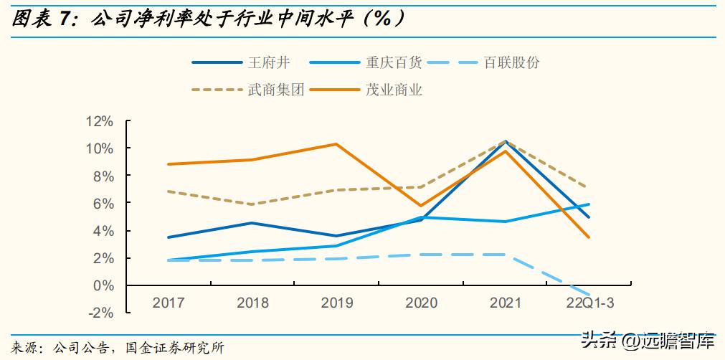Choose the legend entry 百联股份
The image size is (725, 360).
(x=511, y=62)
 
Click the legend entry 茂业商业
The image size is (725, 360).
(x=394, y=90)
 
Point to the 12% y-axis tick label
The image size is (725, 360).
(x=100, y=121)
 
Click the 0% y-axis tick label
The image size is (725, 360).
(x=104, y=285)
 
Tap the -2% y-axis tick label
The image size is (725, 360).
(x=102, y=313)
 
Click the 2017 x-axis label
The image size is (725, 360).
(x=168, y=303)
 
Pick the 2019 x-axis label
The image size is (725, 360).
(x=337, y=303)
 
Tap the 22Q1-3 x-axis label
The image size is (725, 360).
(x=589, y=303)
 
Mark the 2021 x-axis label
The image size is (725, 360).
(x=505, y=303)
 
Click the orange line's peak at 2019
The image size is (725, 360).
(x=336, y=144)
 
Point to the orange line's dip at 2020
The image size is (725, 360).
(x=421, y=206)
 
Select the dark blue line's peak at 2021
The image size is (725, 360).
(x=505, y=141)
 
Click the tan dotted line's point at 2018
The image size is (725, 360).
(x=252, y=204)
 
